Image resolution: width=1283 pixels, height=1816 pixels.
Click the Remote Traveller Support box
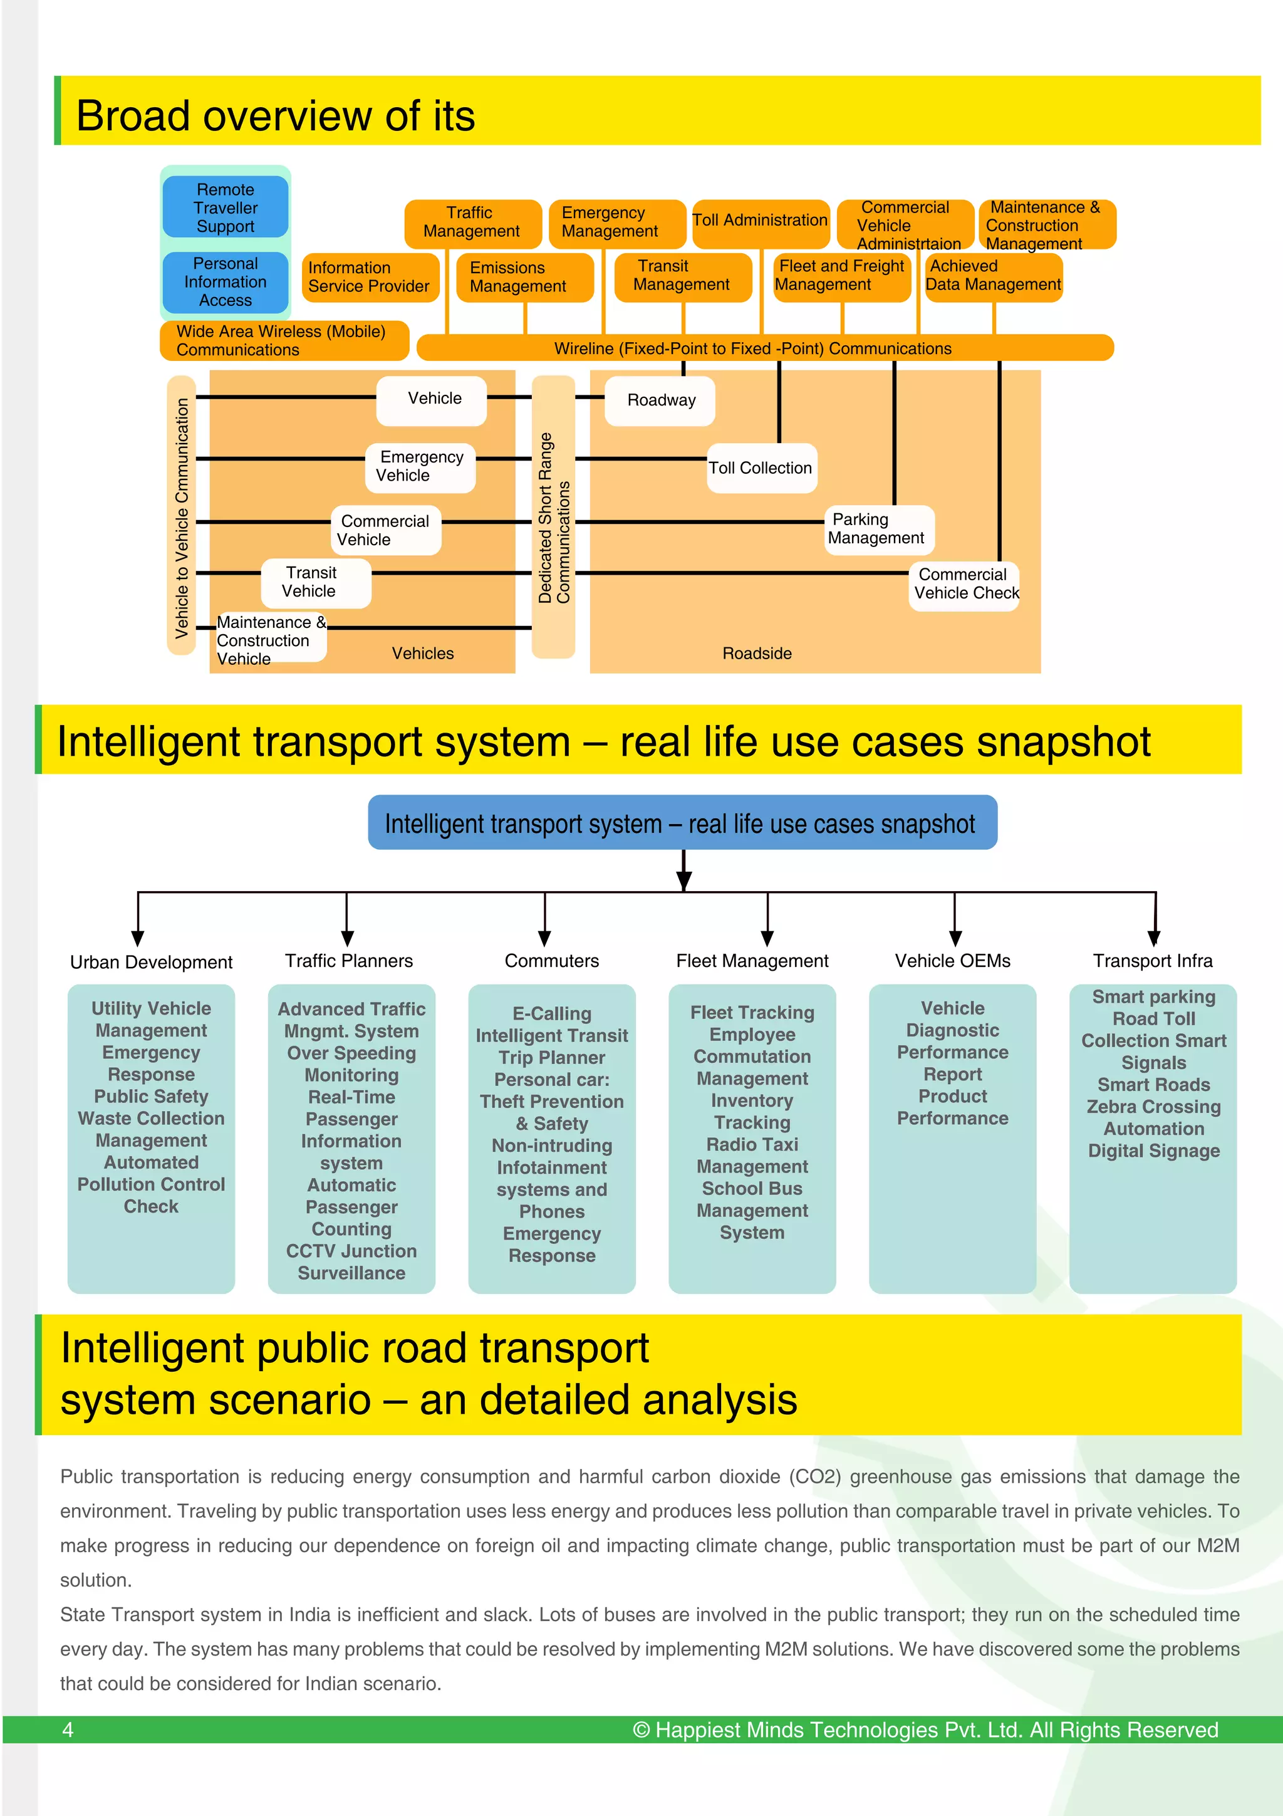click(226, 208)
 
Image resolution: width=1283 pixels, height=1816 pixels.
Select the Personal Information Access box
click(226, 283)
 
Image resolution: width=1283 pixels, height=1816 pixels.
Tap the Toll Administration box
click(760, 221)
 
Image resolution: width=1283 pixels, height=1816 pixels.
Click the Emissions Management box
click(524, 277)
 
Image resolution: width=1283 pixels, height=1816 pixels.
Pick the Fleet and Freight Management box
click(841, 276)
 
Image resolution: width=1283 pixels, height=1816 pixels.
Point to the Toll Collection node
click(761, 468)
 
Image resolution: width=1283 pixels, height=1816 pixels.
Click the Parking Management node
click(878, 529)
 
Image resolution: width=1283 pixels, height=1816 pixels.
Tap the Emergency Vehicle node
click(420, 467)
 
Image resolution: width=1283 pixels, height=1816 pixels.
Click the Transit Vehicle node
click(314, 582)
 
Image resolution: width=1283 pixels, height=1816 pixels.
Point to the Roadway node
click(661, 400)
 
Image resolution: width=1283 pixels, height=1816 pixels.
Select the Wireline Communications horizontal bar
click(764, 348)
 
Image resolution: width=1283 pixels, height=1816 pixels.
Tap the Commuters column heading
click(552, 961)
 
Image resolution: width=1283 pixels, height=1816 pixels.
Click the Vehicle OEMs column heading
click(953, 961)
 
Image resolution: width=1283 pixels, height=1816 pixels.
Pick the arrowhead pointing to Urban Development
click(138, 939)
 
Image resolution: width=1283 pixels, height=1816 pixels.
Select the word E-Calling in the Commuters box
click(552, 1014)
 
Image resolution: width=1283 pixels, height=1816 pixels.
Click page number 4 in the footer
click(68, 1730)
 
